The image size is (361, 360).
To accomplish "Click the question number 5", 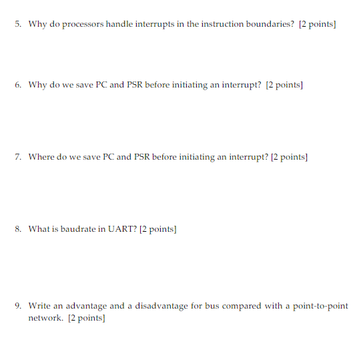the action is [x=18, y=24].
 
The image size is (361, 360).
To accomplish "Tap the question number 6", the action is [x=18, y=85].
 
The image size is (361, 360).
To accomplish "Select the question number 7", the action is [x=18, y=157].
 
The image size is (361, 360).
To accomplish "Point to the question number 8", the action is [x=18, y=229].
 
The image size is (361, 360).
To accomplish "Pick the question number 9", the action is [x=18, y=306].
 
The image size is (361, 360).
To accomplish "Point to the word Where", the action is [x=40, y=157].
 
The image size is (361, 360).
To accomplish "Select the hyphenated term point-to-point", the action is [x=320, y=306].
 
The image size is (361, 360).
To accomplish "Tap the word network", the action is [x=45, y=318].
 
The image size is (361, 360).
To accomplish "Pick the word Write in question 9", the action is [x=39, y=306].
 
